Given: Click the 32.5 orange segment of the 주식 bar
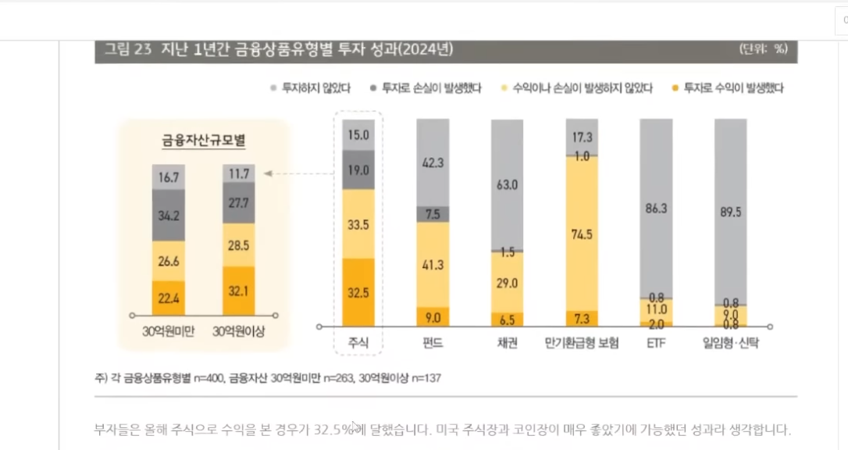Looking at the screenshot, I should click(358, 293).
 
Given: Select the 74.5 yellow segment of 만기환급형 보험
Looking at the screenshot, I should click(581, 233).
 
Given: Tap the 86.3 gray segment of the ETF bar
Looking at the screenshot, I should click(654, 209).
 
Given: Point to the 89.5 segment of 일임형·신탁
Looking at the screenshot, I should click(730, 211).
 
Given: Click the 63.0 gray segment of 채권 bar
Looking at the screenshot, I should click(507, 185).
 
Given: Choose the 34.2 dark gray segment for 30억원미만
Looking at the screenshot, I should click(168, 215).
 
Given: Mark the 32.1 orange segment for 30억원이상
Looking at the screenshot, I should click(238, 291).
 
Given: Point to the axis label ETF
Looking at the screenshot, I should click(654, 343).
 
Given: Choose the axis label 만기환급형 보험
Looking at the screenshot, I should click(581, 343).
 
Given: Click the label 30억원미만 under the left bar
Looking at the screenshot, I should click(168, 332).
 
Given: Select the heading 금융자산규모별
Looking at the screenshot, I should click(203, 141).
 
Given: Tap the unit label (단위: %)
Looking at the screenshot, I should click(763, 49).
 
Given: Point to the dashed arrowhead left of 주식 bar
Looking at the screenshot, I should click(267, 173).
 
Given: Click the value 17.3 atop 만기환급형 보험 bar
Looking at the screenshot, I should click(581, 136).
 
